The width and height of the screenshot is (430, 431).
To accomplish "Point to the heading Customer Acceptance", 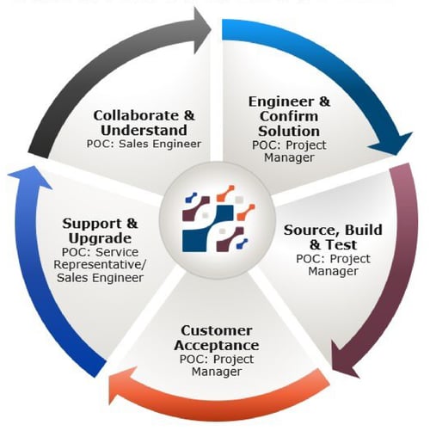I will [217, 337].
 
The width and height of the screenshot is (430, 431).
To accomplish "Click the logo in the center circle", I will [215, 215].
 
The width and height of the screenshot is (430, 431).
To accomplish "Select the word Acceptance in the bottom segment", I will [217, 345].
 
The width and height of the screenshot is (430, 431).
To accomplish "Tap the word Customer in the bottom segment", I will [217, 330].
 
